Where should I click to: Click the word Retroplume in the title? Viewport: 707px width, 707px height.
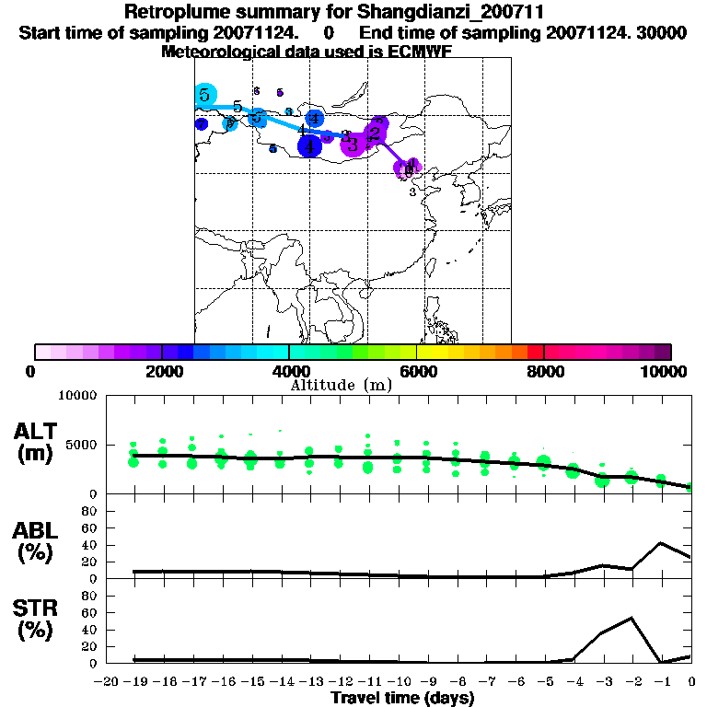pos(171,13)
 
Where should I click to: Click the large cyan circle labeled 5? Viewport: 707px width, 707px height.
pos(204,95)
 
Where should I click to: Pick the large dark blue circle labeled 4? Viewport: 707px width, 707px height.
pos(310,145)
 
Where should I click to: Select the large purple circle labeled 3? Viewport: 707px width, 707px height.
pos(352,144)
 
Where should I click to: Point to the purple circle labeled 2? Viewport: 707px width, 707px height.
pos(375,133)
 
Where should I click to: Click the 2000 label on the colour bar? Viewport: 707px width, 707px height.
pos(162,371)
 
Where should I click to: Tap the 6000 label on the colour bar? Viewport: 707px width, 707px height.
pos(417,371)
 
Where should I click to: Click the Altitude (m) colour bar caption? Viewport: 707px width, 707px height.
pos(341,385)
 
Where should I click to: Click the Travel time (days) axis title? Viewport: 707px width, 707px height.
pos(402,699)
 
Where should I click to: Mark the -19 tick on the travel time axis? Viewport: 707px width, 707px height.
pos(133,681)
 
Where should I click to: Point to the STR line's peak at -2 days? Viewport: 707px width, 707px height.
pos(632,618)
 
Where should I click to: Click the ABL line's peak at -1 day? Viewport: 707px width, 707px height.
pos(661,543)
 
